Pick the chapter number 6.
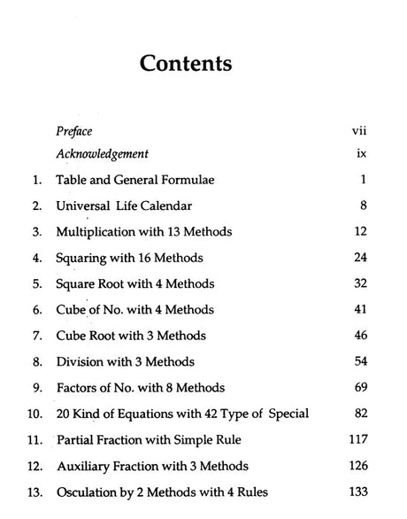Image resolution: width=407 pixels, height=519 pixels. (x=36, y=311)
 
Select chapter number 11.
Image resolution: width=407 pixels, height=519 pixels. (x=35, y=440)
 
